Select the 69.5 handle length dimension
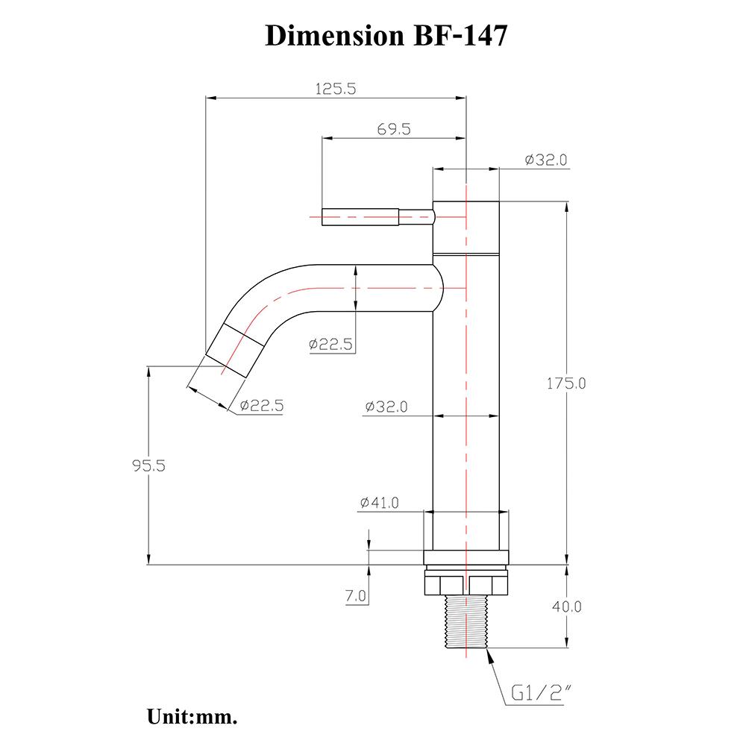(394, 129)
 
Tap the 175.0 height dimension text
(567, 383)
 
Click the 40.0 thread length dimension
(567, 606)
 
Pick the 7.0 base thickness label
(356, 596)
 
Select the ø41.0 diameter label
(379, 503)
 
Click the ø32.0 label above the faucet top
(546, 160)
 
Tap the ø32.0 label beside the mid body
(386, 407)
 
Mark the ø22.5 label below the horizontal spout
(330, 344)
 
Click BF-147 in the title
(460, 35)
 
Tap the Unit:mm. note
(192, 718)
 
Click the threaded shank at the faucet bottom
(466, 624)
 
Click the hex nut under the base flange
(466, 582)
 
